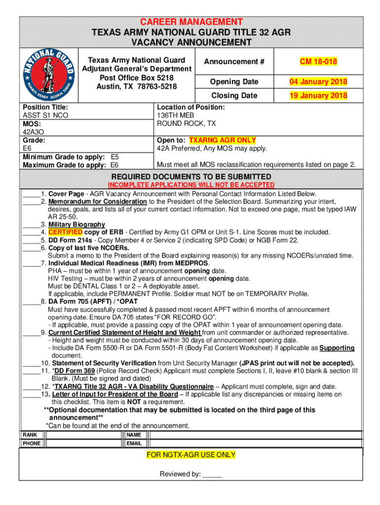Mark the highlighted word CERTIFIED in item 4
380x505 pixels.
coord(62,232)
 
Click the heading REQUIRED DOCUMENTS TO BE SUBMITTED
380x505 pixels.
coord(191,177)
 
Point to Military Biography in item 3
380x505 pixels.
coord(76,224)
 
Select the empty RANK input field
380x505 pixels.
coord(82,435)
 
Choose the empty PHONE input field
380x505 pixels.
coord(82,443)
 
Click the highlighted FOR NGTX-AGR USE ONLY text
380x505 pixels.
coord(191,455)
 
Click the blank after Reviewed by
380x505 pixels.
coord(212,474)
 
